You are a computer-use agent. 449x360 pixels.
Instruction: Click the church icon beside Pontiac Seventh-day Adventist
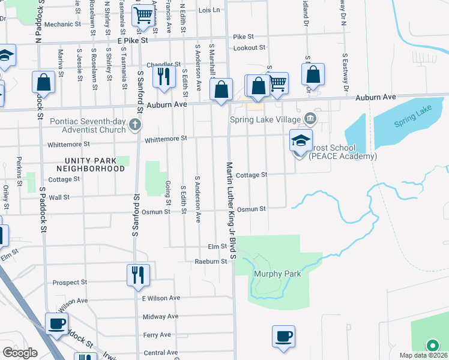136,125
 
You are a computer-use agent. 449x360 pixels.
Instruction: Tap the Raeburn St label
211,262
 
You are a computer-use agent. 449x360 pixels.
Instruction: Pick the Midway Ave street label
161,316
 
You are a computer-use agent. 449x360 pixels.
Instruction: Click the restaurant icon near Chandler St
162,76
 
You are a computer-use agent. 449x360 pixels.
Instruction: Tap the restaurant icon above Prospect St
138,274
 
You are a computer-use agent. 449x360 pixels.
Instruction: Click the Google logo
20,352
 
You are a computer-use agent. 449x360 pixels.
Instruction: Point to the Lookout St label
250,47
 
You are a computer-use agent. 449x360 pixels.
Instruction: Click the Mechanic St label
62,25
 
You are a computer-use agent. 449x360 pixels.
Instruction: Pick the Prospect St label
70,282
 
